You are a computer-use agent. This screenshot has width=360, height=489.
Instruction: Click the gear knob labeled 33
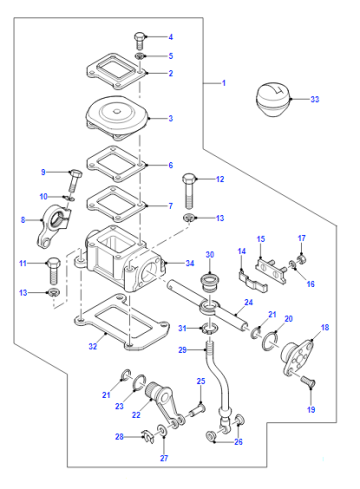[273, 99]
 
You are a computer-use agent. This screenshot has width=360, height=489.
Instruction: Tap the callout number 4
[171, 37]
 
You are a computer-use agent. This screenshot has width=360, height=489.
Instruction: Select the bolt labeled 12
[189, 191]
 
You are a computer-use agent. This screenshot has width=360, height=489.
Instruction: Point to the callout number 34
[190, 263]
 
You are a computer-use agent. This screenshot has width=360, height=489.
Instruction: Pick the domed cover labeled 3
[117, 118]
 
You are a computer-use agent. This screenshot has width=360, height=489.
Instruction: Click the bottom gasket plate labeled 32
[122, 322]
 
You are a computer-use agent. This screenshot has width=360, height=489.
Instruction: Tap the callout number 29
[182, 350]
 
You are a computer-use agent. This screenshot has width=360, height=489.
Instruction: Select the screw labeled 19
[309, 382]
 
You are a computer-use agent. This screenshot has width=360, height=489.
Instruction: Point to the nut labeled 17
[302, 259]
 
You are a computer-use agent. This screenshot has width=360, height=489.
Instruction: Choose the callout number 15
[261, 239]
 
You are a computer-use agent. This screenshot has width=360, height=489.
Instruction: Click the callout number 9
[43, 172]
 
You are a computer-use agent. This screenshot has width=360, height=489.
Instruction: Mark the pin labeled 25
[197, 410]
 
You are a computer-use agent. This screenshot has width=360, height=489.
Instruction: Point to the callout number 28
[119, 437]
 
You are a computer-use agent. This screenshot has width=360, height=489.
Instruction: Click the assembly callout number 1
[224, 83]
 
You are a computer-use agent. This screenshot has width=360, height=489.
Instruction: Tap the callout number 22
[136, 415]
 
